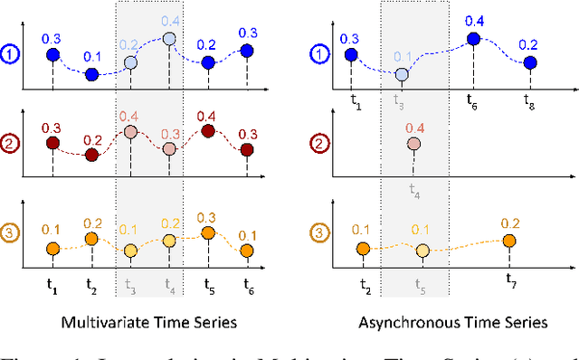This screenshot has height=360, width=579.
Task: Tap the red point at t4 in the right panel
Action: (x=413, y=143)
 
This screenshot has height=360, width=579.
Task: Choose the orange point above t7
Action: (x=508, y=240)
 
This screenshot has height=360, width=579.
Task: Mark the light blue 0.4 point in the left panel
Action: (x=169, y=39)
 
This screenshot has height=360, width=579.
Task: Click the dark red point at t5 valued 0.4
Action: (x=208, y=132)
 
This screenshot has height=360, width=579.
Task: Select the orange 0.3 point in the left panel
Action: (x=208, y=232)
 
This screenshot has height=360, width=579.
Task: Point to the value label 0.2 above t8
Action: (x=530, y=44)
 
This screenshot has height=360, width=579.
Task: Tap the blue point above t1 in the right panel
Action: (x=354, y=56)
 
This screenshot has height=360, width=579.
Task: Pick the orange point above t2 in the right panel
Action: (x=363, y=249)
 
